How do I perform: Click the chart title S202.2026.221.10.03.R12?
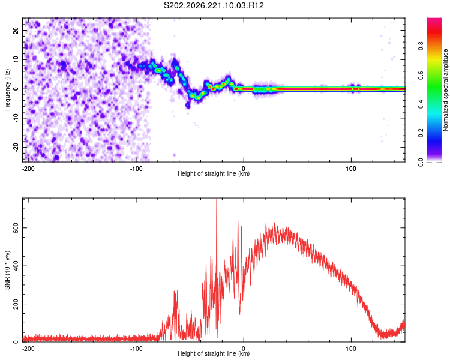[x=214, y=5]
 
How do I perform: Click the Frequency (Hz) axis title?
[x=7, y=90]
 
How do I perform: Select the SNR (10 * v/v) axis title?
[x=7, y=270]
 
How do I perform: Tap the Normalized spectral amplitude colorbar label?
[x=445, y=90]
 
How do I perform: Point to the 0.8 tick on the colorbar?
[x=421, y=46]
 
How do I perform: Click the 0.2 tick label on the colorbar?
[x=421, y=133]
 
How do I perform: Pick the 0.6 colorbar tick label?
[x=421, y=75]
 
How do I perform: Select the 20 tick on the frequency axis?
[x=16, y=30]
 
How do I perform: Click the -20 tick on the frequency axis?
[x=16, y=147]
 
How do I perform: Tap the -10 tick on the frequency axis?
[x=16, y=118]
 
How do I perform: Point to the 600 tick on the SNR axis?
[x=16, y=227]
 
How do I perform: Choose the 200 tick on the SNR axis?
[x=16, y=304]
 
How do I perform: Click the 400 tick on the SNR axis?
[x=16, y=266]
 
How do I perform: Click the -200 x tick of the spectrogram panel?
[x=28, y=169]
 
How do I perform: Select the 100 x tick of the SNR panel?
[x=351, y=349]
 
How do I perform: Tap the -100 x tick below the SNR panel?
[x=136, y=349]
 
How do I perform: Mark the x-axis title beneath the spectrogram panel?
[x=214, y=173]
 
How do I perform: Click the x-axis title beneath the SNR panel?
[x=214, y=353]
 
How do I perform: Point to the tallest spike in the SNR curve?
[x=217, y=199]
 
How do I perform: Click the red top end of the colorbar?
[x=434, y=19]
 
